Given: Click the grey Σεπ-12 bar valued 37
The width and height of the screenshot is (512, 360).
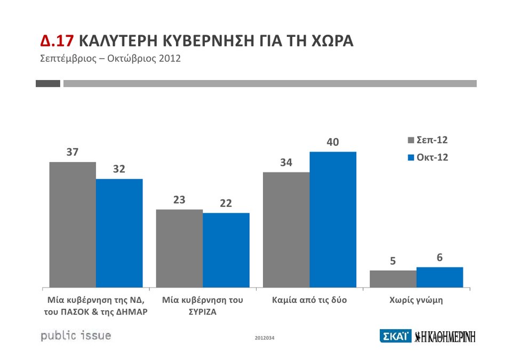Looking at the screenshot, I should [x=73, y=225].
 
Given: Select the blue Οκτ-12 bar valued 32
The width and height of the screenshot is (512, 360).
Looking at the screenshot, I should [x=119, y=233].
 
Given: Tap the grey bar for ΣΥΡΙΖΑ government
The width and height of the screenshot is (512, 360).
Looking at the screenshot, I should [x=179, y=249].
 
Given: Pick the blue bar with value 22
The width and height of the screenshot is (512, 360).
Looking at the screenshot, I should [x=226, y=250].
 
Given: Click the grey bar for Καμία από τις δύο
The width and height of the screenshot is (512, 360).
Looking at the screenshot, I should [x=286, y=230].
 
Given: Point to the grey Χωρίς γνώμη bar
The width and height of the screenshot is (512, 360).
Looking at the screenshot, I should [x=393, y=279].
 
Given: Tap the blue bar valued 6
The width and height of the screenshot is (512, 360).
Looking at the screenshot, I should [x=439, y=277].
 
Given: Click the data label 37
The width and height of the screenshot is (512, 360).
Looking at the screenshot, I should [x=73, y=153].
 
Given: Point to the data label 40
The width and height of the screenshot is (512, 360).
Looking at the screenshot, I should [x=333, y=142].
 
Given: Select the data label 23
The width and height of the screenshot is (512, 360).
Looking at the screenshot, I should [x=179, y=200].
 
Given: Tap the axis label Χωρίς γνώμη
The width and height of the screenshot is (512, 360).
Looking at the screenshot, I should [x=417, y=300].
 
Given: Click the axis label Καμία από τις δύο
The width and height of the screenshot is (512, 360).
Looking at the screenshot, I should [x=309, y=300].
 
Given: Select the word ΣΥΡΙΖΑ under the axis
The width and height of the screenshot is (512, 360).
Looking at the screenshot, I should [x=203, y=312].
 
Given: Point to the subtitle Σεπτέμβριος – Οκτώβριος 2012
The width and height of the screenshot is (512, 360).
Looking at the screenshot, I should [x=110, y=58].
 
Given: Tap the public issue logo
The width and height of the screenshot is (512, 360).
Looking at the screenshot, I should [x=76, y=336].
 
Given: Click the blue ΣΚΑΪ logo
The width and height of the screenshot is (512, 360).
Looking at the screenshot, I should [x=395, y=336].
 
